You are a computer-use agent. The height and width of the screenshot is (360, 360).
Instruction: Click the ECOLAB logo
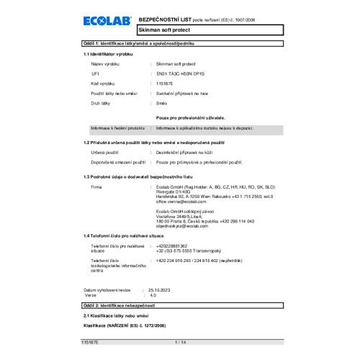pos(107,24)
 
